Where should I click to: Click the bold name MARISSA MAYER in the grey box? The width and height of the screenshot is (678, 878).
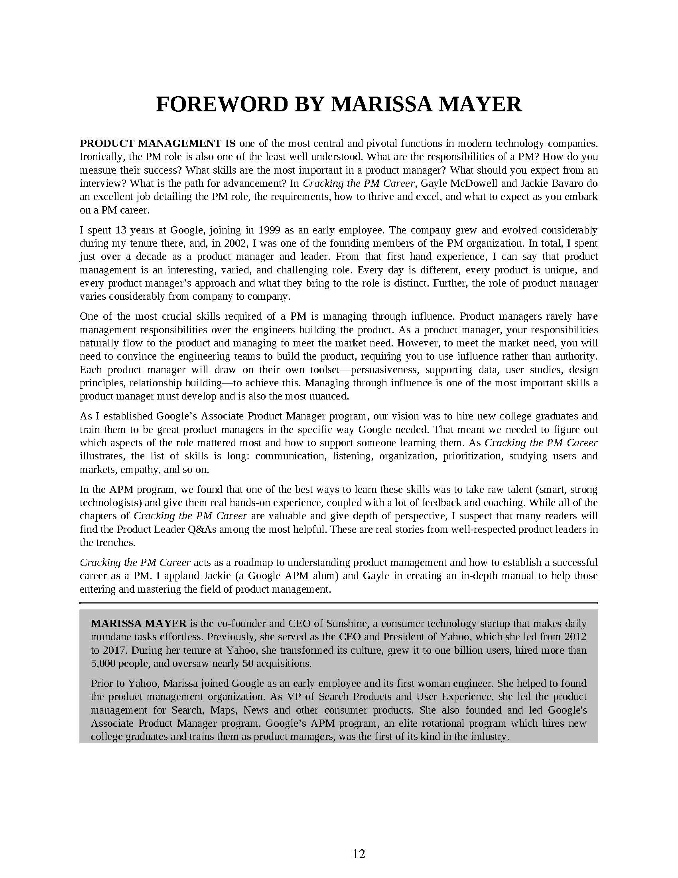[138, 623]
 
